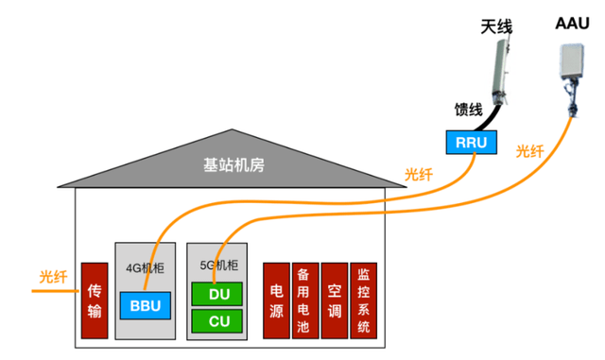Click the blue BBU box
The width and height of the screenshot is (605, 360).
click(x=145, y=306)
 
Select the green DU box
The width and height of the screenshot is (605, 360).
click(x=217, y=295)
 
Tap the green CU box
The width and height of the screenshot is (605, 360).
click(x=217, y=322)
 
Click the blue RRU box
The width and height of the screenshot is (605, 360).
click(x=470, y=142)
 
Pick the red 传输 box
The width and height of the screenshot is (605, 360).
click(x=94, y=300)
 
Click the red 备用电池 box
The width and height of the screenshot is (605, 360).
click(x=304, y=300)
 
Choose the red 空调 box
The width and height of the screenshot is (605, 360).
click(x=335, y=300)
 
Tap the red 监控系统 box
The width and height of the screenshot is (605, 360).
click(x=364, y=300)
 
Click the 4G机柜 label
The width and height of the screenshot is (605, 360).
click(x=146, y=266)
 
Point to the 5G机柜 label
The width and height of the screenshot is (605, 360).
click(x=217, y=266)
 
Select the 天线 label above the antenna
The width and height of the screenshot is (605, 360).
click(x=496, y=27)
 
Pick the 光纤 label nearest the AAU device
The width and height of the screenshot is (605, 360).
click(x=530, y=151)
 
